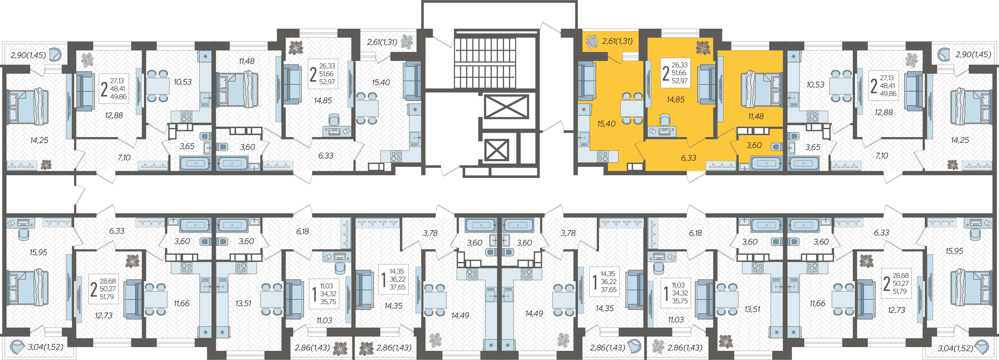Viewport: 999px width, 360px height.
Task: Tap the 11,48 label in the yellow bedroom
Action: pyautogui.click(x=756, y=116)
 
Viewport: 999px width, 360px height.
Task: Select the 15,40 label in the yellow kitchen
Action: pyautogui.click(x=606, y=124)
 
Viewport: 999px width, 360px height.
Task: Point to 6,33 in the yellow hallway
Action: pyautogui.click(x=688, y=158)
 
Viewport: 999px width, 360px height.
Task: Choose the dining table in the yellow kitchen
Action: pyautogui.click(x=632, y=108)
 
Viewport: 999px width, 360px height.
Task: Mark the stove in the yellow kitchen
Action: pyautogui.click(x=602, y=156)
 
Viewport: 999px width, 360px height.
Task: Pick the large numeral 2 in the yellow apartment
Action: pyautogui.click(x=666, y=73)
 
